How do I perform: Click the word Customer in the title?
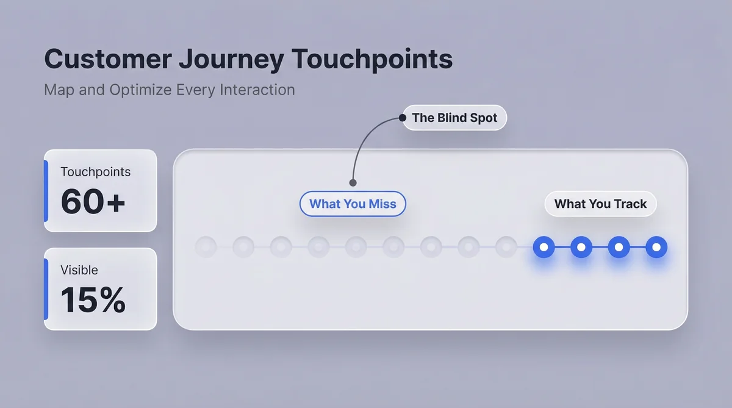(x=108, y=59)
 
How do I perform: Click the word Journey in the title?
(x=231, y=60)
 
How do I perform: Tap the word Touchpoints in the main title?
(x=372, y=60)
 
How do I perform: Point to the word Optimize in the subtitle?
(x=140, y=90)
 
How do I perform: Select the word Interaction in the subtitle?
(x=257, y=90)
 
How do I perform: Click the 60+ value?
(x=93, y=201)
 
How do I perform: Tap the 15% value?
(x=93, y=299)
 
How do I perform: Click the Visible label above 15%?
(x=79, y=270)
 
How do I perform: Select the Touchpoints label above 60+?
(x=95, y=172)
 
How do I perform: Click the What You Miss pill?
(x=353, y=204)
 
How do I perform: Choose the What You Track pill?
(x=600, y=204)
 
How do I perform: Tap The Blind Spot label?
(x=454, y=118)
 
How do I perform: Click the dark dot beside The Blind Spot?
(x=403, y=118)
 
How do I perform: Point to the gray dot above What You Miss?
(x=353, y=182)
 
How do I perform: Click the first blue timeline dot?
(x=544, y=247)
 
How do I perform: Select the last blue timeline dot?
(x=656, y=247)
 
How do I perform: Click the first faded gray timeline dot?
(x=206, y=247)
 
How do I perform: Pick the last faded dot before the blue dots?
(x=506, y=247)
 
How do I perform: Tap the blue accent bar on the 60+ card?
(x=46, y=191)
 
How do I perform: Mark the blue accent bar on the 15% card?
(x=46, y=289)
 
